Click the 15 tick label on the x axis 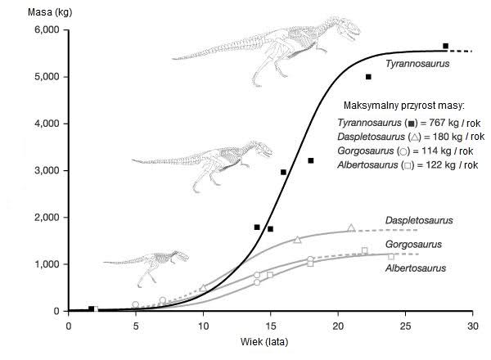coord(270,325)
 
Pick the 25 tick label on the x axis coord(404,325)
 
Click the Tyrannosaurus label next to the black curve coord(417,63)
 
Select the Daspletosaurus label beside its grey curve coord(419,220)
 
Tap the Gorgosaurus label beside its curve coord(413,244)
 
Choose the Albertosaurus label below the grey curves coord(415,268)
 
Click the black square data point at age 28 coord(445,46)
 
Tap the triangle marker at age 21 coord(351,227)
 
